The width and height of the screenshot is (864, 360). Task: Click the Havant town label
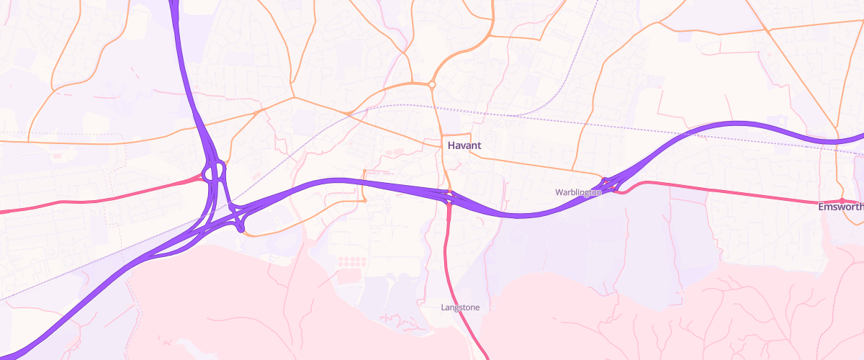464,145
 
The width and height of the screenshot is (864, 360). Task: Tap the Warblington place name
577,192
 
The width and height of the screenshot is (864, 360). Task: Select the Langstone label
460,307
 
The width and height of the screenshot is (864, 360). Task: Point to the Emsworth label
841,207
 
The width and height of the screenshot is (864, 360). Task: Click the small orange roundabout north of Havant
431,85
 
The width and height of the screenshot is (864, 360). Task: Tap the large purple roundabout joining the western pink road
214,172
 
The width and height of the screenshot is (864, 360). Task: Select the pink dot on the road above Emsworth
841,200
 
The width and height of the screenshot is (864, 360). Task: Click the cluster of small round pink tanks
349,261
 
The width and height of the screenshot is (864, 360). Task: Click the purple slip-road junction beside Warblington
611,184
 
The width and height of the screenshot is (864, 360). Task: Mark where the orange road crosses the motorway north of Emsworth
837,140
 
